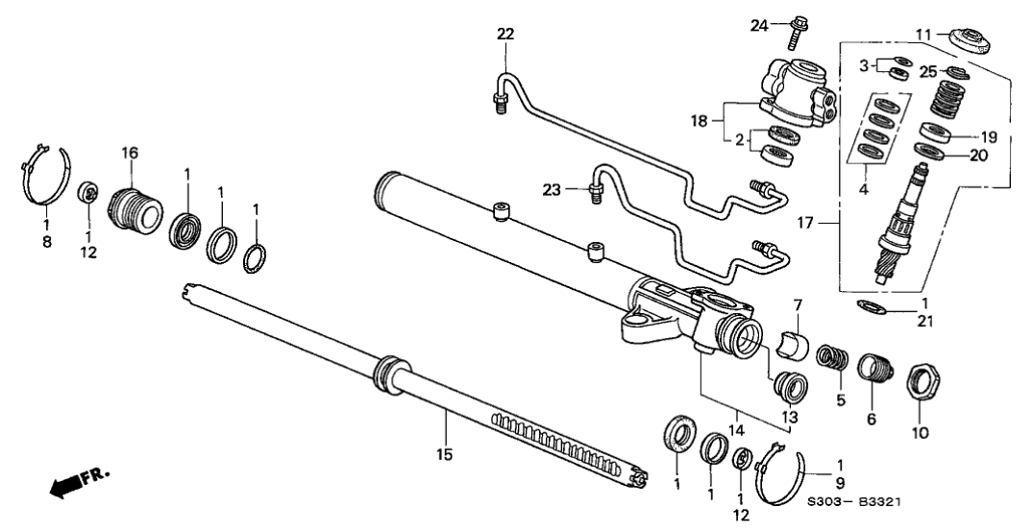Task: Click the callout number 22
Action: point(505,35)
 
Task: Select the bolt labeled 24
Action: point(798,31)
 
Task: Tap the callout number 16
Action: point(130,152)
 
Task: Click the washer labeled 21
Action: point(871,307)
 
